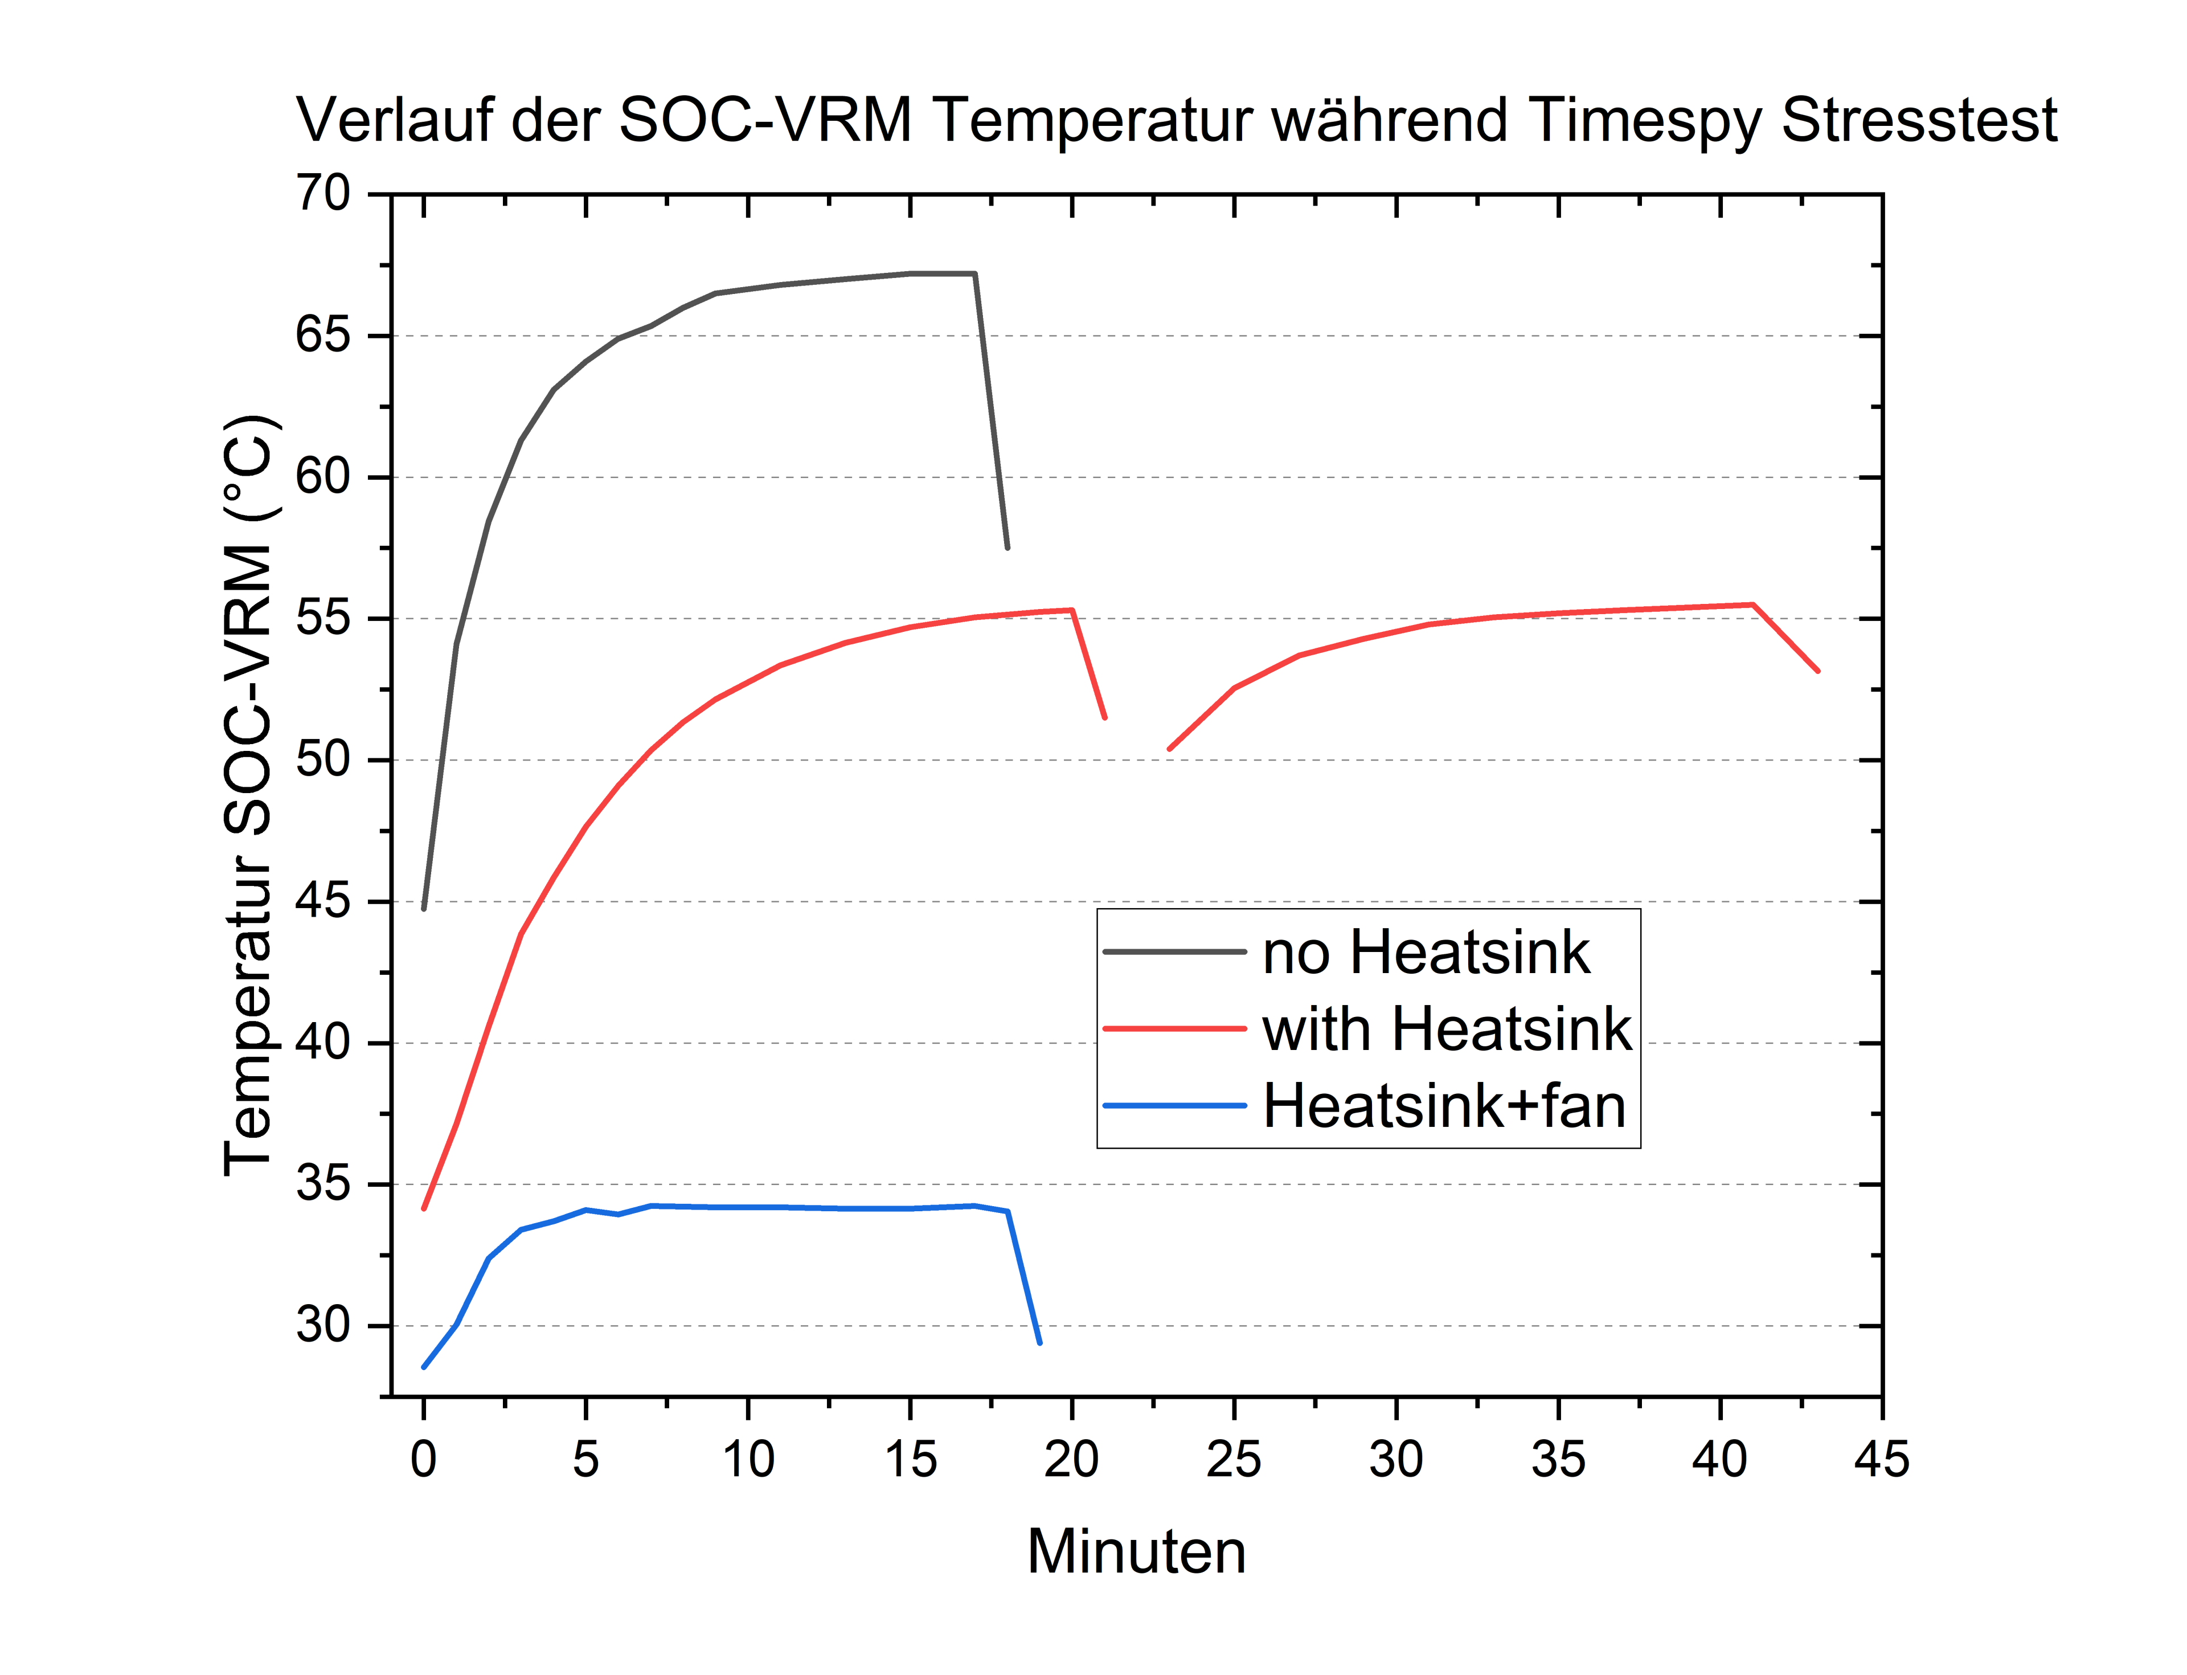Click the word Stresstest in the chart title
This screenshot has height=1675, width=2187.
coord(1919,121)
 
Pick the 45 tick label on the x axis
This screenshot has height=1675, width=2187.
coord(1881,1460)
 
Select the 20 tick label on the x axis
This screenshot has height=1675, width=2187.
coord(1071,1460)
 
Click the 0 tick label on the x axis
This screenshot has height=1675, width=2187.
coord(424,1460)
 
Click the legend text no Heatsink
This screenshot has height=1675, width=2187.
coord(1426,952)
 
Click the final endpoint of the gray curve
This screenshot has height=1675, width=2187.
coord(1008,548)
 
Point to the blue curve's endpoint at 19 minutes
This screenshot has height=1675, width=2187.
coord(1039,1343)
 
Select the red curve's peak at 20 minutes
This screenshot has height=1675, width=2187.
coord(1071,610)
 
